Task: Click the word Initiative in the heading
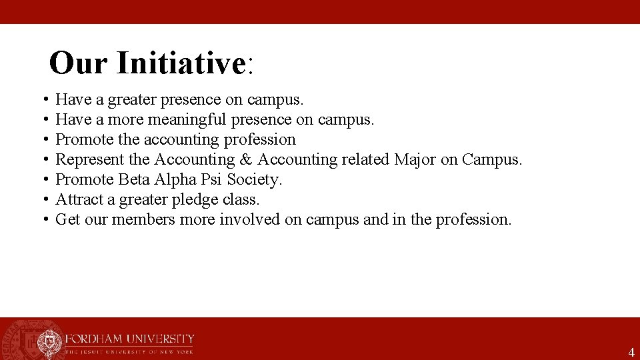[181, 63]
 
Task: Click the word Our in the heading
[79, 63]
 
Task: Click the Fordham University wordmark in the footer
[129, 339]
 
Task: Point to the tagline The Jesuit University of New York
[129, 351]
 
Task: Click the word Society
[255, 180]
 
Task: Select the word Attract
[77, 199]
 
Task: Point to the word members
[143, 219]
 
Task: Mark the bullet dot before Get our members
[43, 219]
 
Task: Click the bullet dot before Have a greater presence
[43, 100]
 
